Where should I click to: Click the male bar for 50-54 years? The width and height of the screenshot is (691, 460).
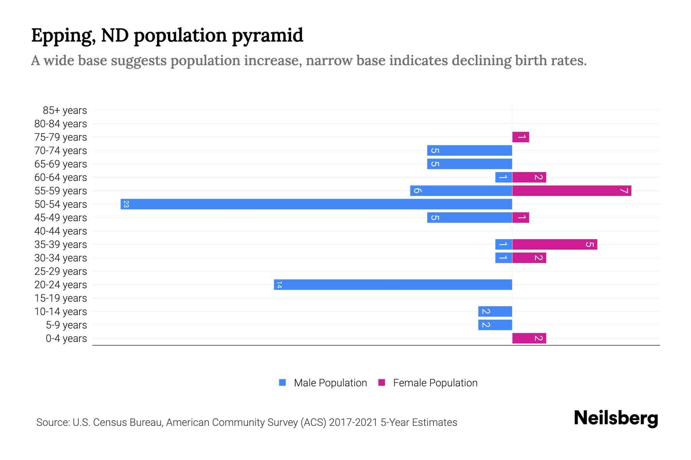point(316,204)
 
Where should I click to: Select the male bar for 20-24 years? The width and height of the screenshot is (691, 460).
point(393,284)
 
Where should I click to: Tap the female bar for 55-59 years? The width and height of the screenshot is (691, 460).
point(572,191)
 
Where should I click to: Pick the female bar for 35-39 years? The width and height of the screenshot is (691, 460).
point(555,244)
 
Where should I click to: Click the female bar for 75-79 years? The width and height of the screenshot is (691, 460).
point(521,137)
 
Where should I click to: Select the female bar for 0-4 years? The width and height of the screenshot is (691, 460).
point(529,338)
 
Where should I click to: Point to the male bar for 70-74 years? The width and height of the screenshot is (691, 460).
point(469,150)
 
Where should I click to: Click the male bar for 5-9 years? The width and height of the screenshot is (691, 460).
point(495,325)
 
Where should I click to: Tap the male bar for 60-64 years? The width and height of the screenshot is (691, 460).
point(503,177)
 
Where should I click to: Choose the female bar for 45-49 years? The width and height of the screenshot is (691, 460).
point(521,217)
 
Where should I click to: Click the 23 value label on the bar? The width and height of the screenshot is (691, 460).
point(126,204)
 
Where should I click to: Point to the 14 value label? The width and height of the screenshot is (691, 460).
point(279,284)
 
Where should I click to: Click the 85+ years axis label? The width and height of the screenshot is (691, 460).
point(64,110)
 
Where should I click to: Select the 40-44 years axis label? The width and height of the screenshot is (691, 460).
point(61,231)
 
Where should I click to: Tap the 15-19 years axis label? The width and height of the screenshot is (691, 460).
point(61,298)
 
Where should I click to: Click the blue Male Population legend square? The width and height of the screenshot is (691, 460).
point(283,383)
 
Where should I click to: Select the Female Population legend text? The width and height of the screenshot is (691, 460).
point(435,383)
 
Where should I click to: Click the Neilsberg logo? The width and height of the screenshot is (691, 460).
point(616,418)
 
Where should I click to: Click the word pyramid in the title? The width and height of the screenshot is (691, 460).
point(267,36)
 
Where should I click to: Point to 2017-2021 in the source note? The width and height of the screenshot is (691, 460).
point(353,422)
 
